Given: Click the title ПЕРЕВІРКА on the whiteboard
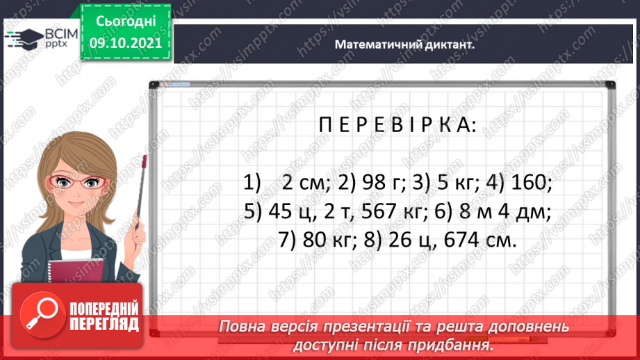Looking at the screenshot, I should coord(387,126).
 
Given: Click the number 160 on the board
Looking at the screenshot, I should coord(530,183).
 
